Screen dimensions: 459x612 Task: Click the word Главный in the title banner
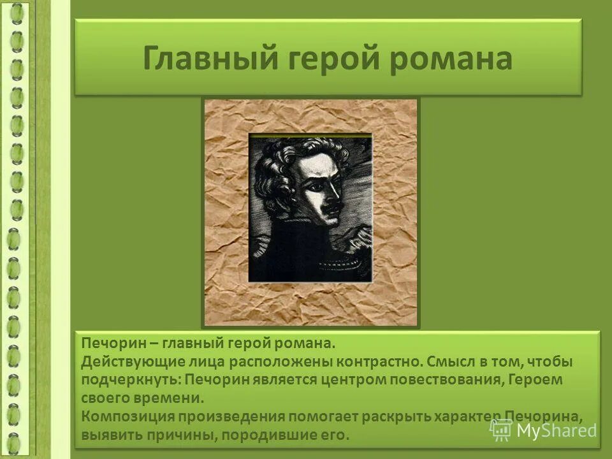205,59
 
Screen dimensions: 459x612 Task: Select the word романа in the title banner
451,59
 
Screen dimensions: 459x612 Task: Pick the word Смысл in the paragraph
450,362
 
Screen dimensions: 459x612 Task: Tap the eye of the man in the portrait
316,184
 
